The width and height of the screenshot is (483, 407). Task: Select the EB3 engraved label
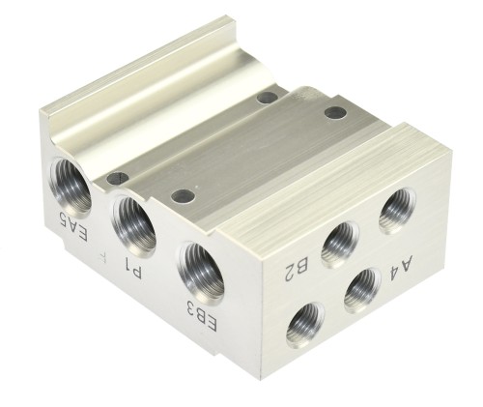click(x=202, y=315)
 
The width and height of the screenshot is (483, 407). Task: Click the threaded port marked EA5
click(x=70, y=187)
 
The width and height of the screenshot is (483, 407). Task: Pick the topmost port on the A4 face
click(x=398, y=211)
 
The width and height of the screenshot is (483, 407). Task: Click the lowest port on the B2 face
click(x=305, y=327)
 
